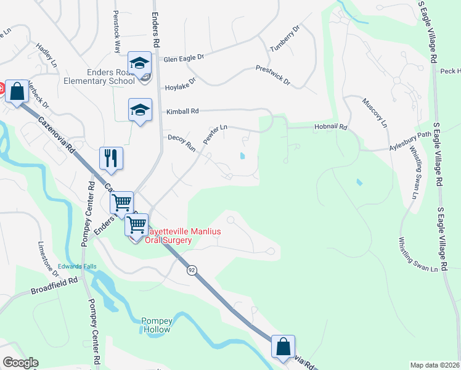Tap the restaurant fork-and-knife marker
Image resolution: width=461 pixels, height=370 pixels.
tap(111, 158)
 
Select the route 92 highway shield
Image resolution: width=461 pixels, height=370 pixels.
tap(192, 270)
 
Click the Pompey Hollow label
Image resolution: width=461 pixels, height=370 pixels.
tap(160, 324)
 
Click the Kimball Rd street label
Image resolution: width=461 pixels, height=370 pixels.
tap(182, 112)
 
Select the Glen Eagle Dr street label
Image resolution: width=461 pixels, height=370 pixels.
tap(183, 59)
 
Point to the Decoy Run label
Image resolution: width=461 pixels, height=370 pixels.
tap(181, 142)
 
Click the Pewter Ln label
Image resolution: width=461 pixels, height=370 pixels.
tap(215, 133)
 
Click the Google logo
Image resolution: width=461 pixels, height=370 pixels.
tap(20, 363)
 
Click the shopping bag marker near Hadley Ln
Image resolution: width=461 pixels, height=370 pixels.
tap(18, 92)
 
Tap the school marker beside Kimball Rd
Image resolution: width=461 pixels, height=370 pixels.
tap(140, 110)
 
